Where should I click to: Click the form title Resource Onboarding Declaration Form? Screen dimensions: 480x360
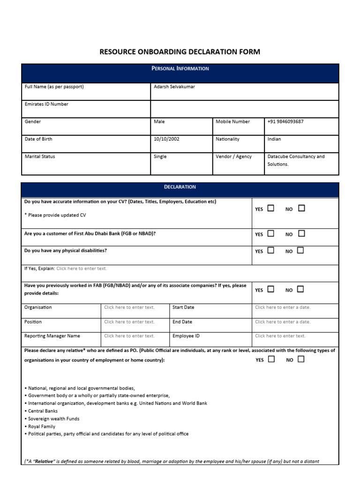click(180, 52)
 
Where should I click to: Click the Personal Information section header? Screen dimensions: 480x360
click(180, 68)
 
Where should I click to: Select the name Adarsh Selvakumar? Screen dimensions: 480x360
click(174, 87)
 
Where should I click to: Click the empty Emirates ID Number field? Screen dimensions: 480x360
click(244, 109)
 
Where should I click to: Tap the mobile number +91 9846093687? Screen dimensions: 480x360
click(285, 121)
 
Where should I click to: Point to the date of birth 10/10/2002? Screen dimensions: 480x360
click(166, 139)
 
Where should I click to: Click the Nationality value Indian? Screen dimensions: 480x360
click(274, 139)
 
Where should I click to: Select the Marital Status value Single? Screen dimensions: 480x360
click(160, 157)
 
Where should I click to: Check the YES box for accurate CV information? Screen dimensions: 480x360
click(271, 208)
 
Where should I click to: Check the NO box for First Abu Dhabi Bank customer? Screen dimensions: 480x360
click(301, 233)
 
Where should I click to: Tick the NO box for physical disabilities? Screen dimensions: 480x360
click(300, 250)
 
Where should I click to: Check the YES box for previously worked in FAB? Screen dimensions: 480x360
click(271, 289)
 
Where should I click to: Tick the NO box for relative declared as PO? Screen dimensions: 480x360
click(300, 359)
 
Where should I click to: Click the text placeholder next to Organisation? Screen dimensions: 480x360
click(129, 307)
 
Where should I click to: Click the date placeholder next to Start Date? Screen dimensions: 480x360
click(282, 307)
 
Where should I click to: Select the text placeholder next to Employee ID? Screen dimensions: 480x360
click(280, 336)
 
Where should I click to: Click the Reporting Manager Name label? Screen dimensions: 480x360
click(52, 336)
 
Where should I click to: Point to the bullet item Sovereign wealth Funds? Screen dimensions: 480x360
click(53, 419)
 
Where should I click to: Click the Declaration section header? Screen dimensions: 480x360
click(180, 187)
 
